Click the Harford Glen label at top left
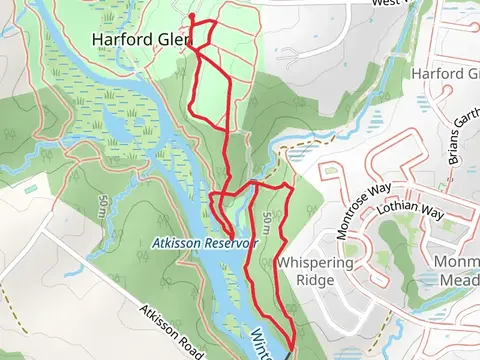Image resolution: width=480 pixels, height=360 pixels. pyautogui.click(x=140, y=41)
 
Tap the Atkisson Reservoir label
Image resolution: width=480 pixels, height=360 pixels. pyautogui.click(x=205, y=243)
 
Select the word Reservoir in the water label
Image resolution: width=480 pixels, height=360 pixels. pyautogui.click(x=228, y=243)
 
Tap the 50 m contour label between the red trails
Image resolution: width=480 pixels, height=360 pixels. pyautogui.click(x=267, y=224)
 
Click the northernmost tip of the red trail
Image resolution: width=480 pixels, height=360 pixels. pyautogui.click(x=191, y=16)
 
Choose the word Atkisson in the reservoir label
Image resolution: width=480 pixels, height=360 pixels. pyautogui.click(x=175, y=243)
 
